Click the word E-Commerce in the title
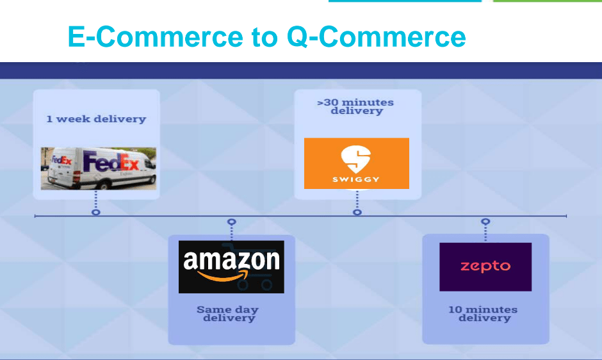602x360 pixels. (x=156, y=37)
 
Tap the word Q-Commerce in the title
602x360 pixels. (x=377, y=37)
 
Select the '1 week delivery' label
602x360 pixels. (x=96, y=119)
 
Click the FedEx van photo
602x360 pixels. (x=99, y=168)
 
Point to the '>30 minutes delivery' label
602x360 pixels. (x=356, y=106)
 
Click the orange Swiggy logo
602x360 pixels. (x=357, y=163)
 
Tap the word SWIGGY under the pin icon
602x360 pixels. (x=356, y=179)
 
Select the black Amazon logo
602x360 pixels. (x=231, y=267)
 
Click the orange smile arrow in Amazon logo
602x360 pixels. (x=222, y=276)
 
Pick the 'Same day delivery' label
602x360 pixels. (x=229, y=313)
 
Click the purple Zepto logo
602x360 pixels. (x=485, y=267)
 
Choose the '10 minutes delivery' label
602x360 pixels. (x=484, y=313)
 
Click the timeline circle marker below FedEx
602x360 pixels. (x=96, y=212)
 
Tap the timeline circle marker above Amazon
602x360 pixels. (x=231, y=222)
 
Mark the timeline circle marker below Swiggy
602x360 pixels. (x=357, y=212)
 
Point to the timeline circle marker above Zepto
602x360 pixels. (x=485, y=221)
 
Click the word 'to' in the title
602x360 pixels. (x=265, y=37)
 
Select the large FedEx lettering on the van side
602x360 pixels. (x=111, y=162)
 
